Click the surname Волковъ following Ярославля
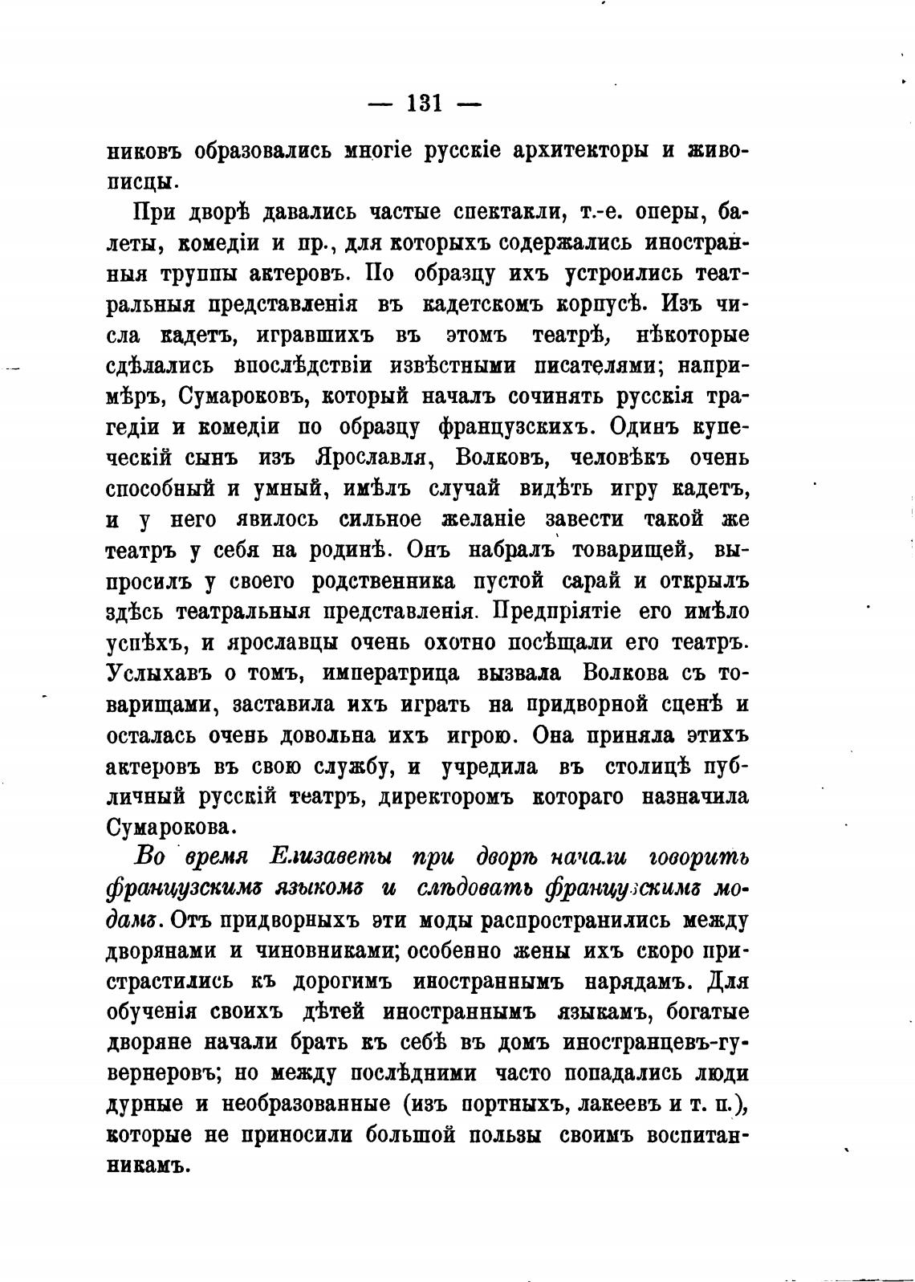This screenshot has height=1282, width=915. pos(501,458)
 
